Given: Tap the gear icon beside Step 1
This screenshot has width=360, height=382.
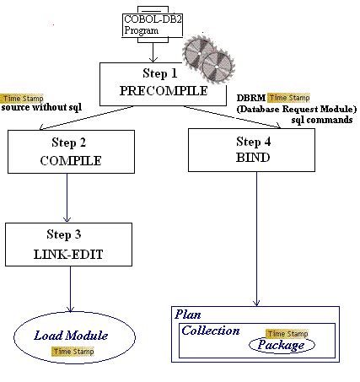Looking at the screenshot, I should (x=207, y=57).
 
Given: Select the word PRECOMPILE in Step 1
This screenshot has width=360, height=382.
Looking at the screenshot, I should (x=153, y=90).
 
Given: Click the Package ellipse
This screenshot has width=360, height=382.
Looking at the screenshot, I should (x=281, y=345).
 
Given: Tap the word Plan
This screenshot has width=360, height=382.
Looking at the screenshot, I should (x=187, y=314).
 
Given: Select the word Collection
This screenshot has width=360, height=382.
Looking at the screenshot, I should (x=211, y=331).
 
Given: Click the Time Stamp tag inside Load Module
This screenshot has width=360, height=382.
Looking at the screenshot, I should (x=73, y=351).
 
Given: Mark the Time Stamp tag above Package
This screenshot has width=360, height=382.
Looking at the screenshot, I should (x=287, y=334).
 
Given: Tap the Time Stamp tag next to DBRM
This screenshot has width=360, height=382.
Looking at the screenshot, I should (x=288, y=98).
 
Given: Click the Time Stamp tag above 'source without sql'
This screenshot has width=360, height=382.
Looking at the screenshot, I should (x=24, y=98).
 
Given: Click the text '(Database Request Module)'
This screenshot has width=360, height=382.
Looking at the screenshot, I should (x=297, y=109).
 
